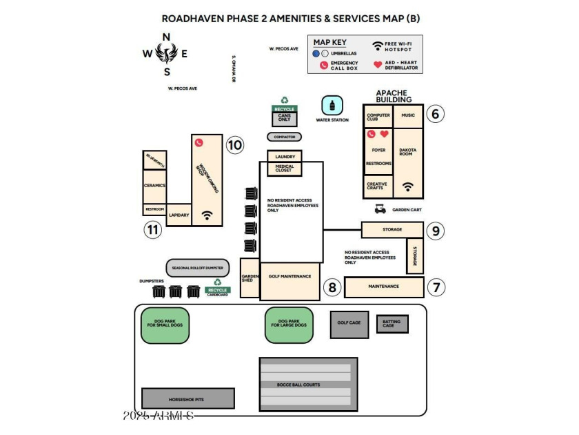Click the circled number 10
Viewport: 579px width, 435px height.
click(235, 145)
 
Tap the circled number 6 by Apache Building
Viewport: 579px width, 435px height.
click(434, 114)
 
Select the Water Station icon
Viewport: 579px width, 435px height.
click(332, 106)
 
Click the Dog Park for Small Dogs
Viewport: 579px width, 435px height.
click(165, 325)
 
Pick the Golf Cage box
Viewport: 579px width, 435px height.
click(349, 324)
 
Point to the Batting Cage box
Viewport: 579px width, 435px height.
click(392, 323)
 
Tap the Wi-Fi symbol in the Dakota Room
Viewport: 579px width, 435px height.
click(408, 186)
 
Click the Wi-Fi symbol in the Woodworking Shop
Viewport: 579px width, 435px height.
click(207, 215)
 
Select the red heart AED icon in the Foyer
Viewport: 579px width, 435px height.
click(385, 134)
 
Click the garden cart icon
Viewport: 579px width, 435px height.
click(379, 209)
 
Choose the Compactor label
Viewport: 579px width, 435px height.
click(284, 137)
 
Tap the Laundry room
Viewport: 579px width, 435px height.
click(285, 157)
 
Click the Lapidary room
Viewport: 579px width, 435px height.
click(179, 215)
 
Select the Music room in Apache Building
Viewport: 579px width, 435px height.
click(408, 115)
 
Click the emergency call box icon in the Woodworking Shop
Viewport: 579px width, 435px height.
click(199, 142)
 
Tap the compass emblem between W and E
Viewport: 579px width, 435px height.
click(166, 52)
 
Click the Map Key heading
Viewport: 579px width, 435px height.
click(330, 42)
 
